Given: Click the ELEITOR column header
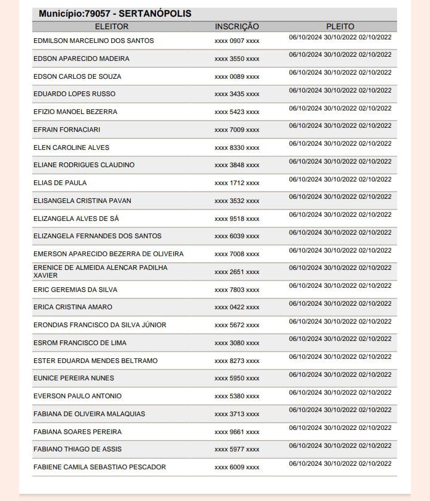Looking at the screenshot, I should [112, 26].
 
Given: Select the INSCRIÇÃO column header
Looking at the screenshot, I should [237, 26].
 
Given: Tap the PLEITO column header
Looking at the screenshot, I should [340, 26].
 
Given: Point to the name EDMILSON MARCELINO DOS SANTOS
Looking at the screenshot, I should [94, 41].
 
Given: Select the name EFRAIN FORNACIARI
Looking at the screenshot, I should [67, 130].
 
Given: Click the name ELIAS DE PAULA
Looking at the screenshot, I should [60, 183].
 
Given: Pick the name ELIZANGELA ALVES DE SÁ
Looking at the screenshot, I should [76, 219].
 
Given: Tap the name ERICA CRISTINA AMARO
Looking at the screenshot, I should [73, 307].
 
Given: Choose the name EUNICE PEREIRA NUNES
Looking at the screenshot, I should [73, 378].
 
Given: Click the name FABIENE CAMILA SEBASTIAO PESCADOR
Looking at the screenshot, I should [100, 467].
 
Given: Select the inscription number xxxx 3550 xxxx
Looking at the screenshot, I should [237, 59].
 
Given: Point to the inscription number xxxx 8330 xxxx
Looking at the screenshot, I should [237, 148].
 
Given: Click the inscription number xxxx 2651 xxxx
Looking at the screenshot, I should [237, 272].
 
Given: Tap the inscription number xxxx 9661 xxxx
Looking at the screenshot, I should [237, 432].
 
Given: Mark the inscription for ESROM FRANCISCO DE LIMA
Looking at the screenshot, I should [237, 343].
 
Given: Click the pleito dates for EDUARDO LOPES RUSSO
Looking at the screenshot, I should [340, 90].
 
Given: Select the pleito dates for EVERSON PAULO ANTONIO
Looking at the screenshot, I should [340, 392].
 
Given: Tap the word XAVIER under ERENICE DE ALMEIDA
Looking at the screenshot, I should [45, 276].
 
